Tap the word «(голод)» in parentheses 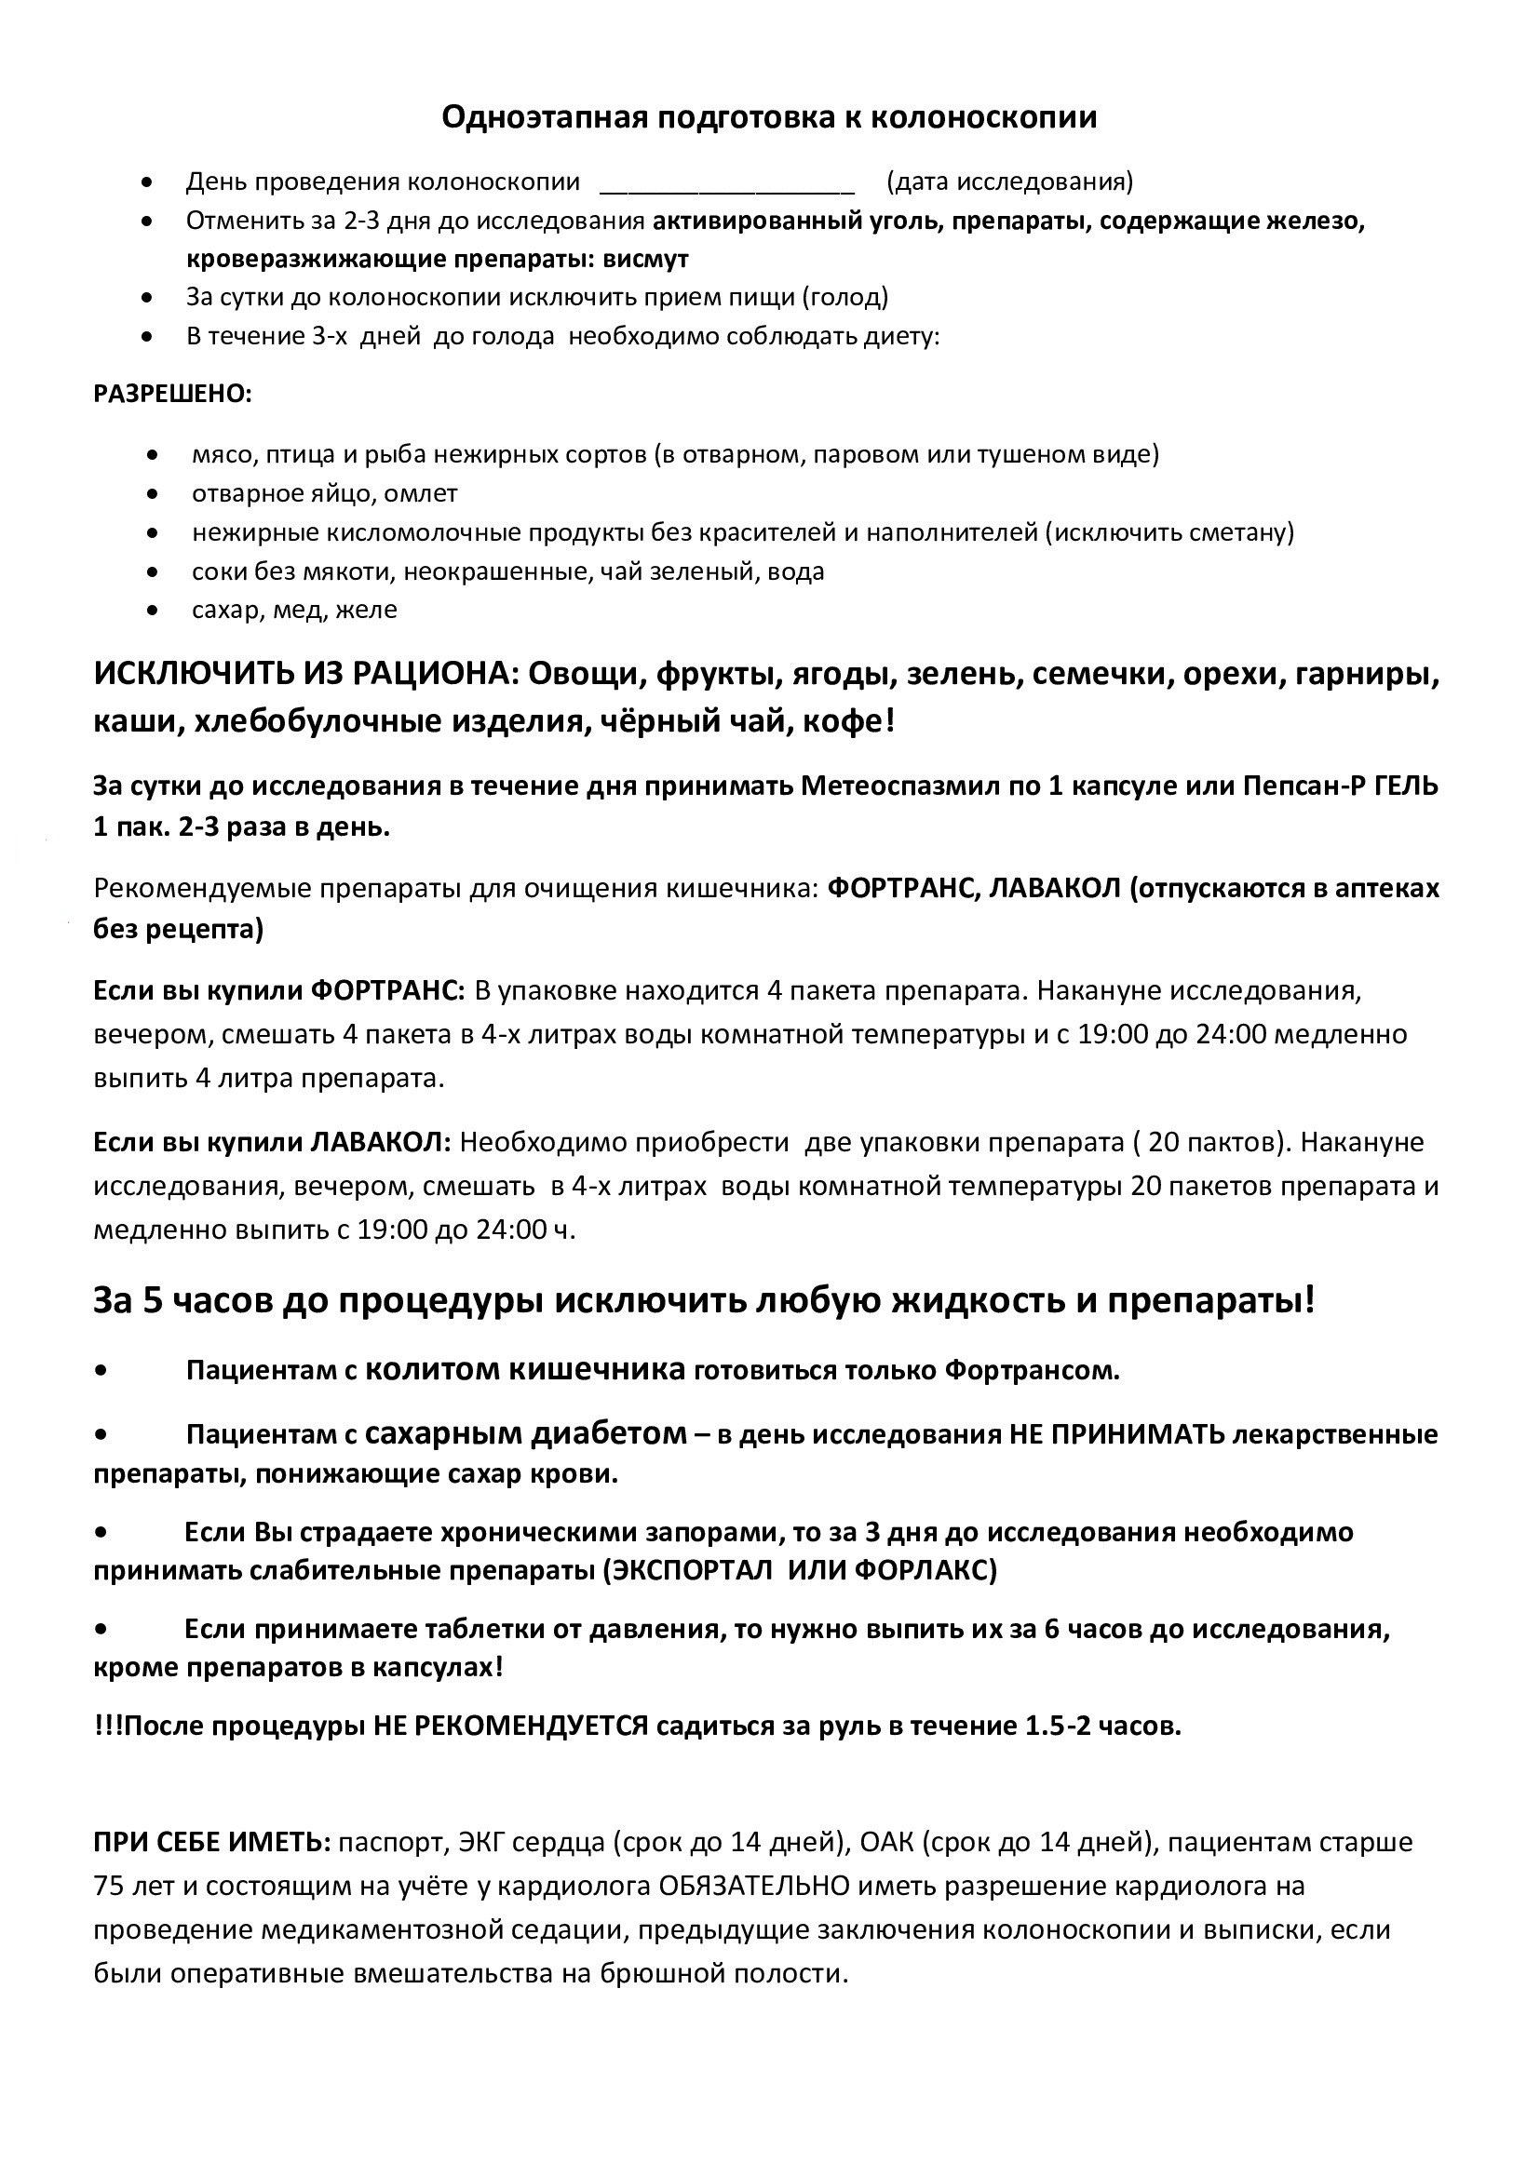point(844,298)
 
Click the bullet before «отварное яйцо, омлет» point(153,494)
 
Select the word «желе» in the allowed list point(371,610)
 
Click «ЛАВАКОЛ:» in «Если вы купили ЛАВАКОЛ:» point(381,1143)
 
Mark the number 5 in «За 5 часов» point(154,1301)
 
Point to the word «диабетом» point(621,1433)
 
